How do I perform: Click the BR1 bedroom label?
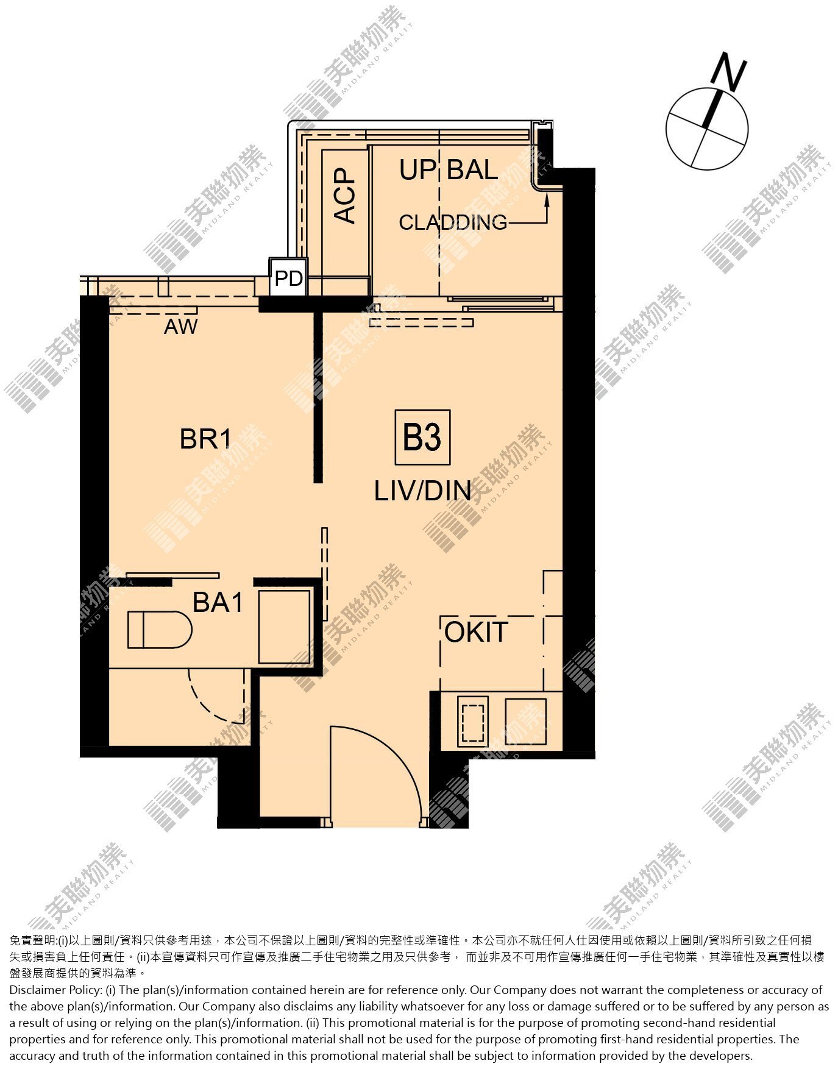[206, 439]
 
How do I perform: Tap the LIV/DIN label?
[423, 491]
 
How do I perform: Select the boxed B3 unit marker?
[422, 437]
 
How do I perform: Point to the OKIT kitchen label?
[476, 632]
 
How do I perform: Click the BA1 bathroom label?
[218, 603]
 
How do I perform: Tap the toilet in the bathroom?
[160, 630]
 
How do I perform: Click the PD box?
[289, 278]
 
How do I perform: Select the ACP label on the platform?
[345, 195]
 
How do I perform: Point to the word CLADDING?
[453, 222]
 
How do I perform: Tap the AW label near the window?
[181, 327]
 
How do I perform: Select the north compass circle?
[707, 129]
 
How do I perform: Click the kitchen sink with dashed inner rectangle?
[472, 722]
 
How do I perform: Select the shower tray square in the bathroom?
[284, 627]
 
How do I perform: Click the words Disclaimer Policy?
[54, 990]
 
